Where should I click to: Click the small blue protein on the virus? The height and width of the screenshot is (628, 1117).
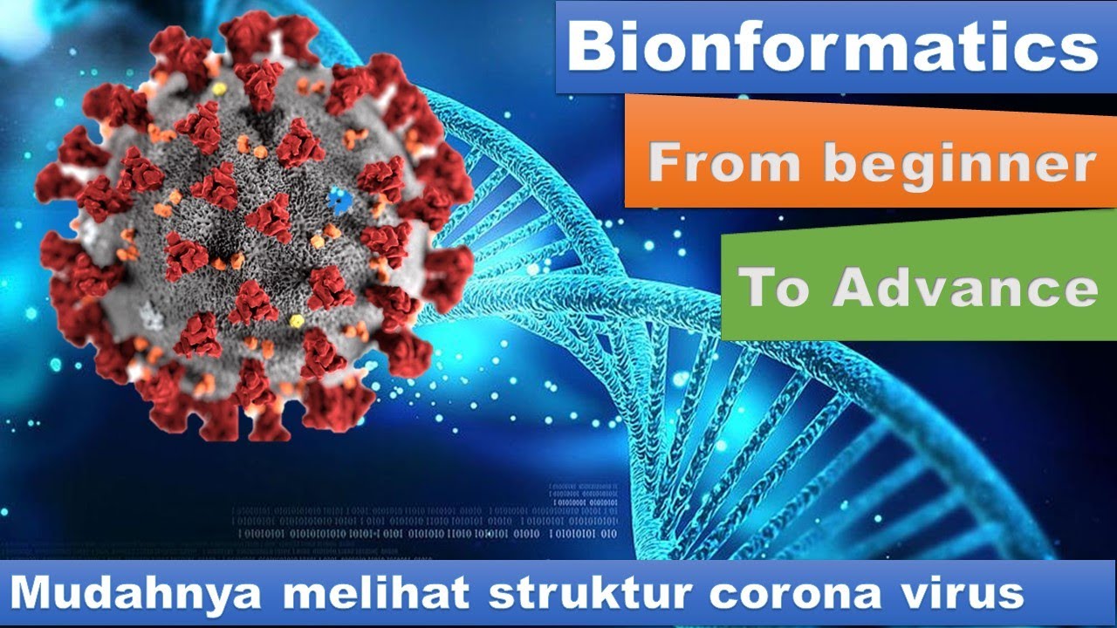click(336, 201)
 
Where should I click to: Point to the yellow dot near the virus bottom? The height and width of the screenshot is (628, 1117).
click(297, 321)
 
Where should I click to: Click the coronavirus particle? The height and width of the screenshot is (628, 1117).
click(253, 227)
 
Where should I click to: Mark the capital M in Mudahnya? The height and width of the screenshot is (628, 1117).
click(34, 594)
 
